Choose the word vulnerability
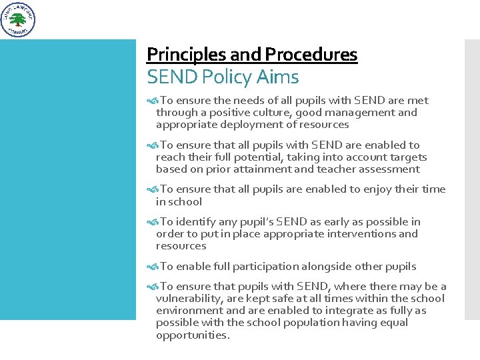pos(189,299)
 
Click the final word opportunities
pos(192,335)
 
